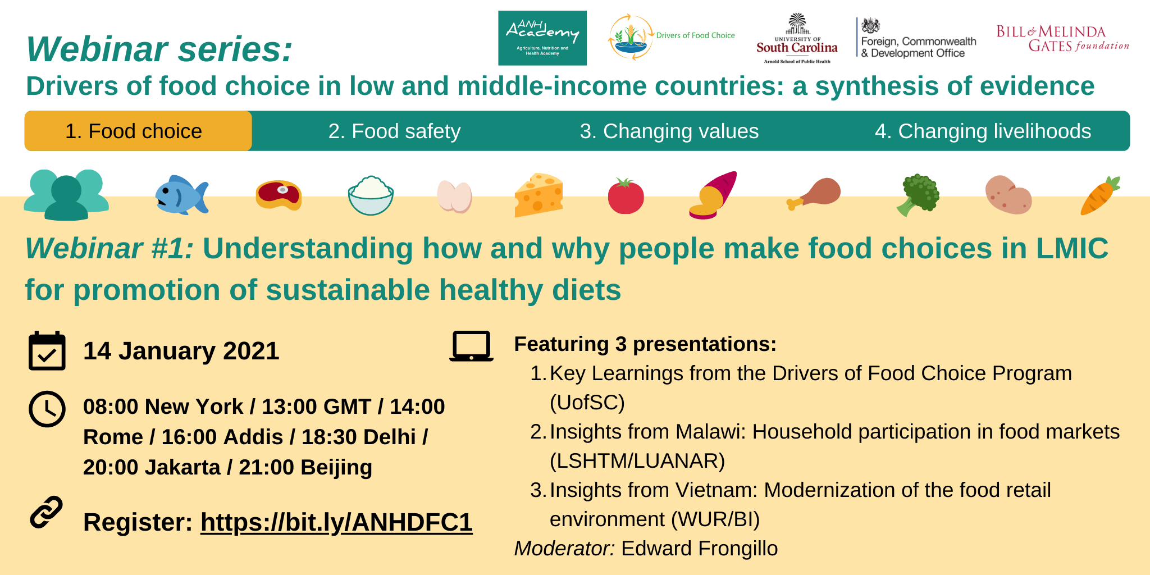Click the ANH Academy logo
542,38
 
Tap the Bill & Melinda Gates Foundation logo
1062,38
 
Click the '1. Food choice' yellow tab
138,131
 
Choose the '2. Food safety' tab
394,131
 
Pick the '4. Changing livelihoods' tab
983,131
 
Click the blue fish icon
181,195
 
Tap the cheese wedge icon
539,195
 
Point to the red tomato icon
626,196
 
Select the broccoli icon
918,195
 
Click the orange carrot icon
1100,195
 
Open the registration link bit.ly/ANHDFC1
336,522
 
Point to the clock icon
47,409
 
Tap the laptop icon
471,346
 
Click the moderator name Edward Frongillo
699,548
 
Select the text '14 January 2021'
181,351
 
